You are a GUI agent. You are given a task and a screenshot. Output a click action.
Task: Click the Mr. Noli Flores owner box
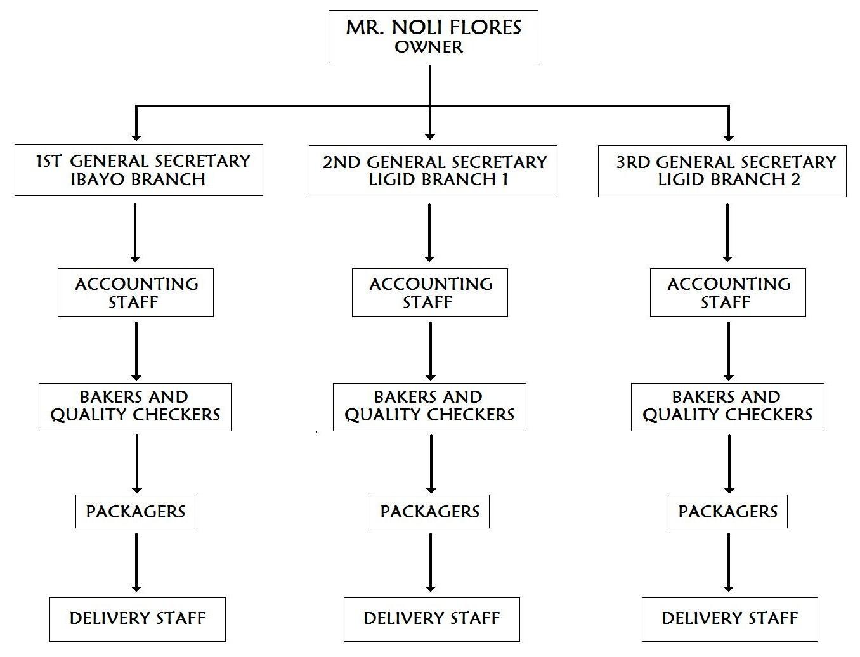(433, 36)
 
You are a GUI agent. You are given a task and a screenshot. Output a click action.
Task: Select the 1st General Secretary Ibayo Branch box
(139, 170)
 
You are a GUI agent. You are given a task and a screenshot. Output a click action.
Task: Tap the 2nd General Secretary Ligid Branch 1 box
(433, 171)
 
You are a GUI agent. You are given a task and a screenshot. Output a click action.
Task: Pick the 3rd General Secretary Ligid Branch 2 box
(722, 171)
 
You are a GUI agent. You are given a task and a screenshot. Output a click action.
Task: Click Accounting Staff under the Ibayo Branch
(136, 292)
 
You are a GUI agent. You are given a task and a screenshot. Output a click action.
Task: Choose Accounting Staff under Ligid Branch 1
(430, 292)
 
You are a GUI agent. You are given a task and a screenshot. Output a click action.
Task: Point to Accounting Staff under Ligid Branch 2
(728, 292)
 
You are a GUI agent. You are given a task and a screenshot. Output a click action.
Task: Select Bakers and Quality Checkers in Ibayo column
(135, 407)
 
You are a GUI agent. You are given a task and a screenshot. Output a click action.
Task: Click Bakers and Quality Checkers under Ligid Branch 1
(429, 407)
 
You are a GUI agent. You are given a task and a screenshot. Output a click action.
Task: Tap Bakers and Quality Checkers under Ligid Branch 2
(727, 407)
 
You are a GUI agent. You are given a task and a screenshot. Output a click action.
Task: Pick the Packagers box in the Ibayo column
(135, 511)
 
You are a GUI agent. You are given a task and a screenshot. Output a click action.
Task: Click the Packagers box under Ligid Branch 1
(429, 511)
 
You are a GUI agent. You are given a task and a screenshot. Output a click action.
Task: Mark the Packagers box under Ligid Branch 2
(727, 511)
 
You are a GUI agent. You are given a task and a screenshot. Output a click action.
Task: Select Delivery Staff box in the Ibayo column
(138, 619)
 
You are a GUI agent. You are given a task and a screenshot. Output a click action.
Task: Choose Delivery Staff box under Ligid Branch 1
(432, 619)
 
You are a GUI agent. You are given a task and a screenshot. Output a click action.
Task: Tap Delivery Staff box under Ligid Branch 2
(730, 619)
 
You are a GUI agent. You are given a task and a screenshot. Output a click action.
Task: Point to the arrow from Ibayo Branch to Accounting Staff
(135, 231)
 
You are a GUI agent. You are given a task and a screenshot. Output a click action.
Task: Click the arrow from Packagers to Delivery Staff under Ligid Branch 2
(729, 562)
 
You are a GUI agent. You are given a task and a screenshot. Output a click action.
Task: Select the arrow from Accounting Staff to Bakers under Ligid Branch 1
(431, 350)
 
